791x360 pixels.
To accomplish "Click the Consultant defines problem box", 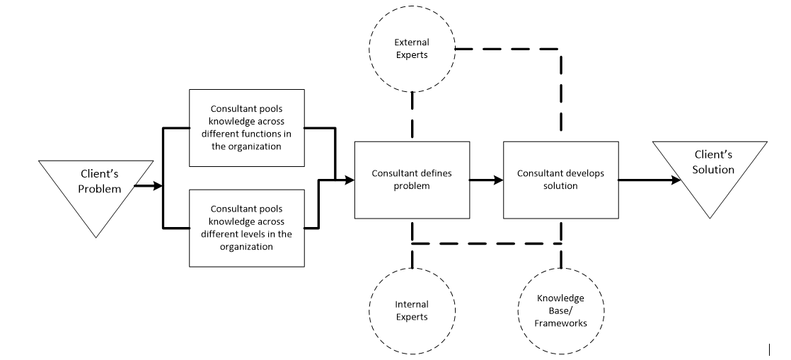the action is (412, 180).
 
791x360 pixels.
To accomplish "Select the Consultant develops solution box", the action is (561, 180).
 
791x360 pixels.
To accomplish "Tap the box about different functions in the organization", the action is (247, 128).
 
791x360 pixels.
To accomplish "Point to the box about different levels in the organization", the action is (247, 228).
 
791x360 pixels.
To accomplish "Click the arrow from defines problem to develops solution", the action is (487, 180).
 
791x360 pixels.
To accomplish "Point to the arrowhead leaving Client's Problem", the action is (158, 186).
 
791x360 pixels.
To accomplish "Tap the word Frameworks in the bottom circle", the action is (561, 323).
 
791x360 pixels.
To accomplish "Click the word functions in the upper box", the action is (270, 134).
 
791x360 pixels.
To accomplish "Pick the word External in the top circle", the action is (412, 42).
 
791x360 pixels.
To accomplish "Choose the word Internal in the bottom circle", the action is (412, 304).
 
